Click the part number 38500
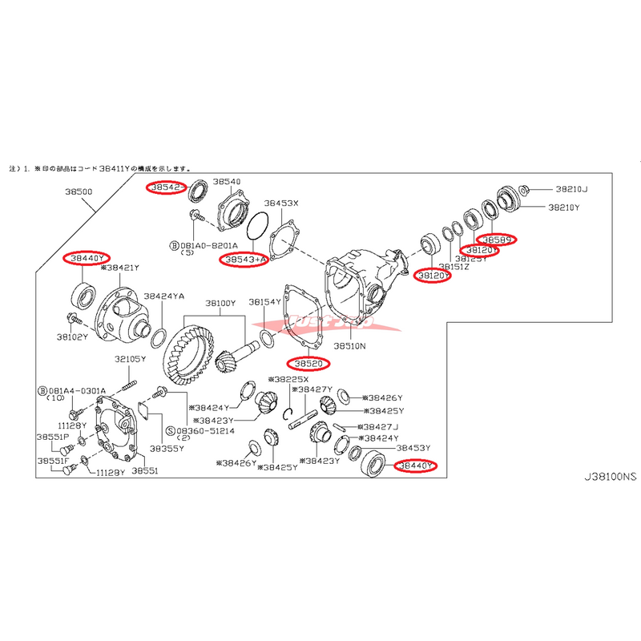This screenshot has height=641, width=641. (x=82, y=192)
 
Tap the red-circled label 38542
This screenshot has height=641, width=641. (x=165, y=187)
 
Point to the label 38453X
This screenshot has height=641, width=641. (x=281, y=204)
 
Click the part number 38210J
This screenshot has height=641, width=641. (x=570, y=190)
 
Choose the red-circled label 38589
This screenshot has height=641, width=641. (x=497, y=239)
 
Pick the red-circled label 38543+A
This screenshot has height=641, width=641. (x=247, y=260)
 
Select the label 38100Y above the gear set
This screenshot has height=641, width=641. (x=220, y=304)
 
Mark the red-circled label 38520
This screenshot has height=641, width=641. (x=307, y=364)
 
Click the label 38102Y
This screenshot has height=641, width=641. (x=72, y=337)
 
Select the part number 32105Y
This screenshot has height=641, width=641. (x=129, y=360)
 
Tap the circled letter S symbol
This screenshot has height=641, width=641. (x=171, y=430)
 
